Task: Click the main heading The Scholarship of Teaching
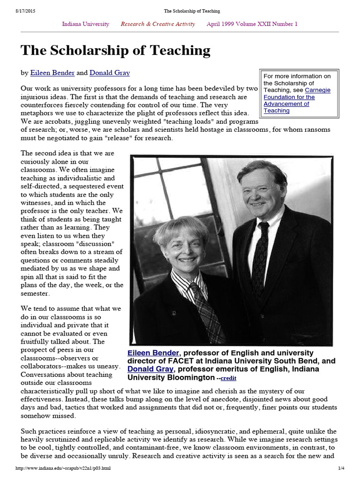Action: point(115,51)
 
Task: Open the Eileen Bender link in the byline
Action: point(50,73)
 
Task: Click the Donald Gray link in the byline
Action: point(110,73)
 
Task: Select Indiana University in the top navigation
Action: point(86,24)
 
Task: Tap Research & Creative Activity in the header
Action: point(158,24)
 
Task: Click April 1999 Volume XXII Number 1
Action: point(252,24)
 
